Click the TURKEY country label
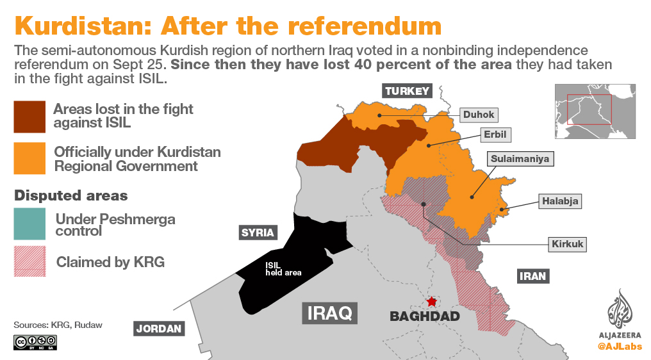[x=407, y=91]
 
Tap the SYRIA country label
[x=258, y=233]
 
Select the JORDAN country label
[x=159, y=329]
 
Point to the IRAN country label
[x=532, y=276]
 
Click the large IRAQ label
[x=329, y=313]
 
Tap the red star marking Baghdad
[x=432, y=301]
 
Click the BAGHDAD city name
[x=425, y=316]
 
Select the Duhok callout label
[x=479, y=115]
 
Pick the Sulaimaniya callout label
[x=520, y=158]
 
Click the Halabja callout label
[x=560, y=200]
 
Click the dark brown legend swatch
[x=29, y=117]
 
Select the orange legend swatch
[x=29, y=158]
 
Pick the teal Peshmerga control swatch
[x=29, y=224]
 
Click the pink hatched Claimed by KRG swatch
[x=29, y=261]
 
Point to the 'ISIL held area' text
[x=283, y=268]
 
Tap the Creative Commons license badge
[x=35, y=343]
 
